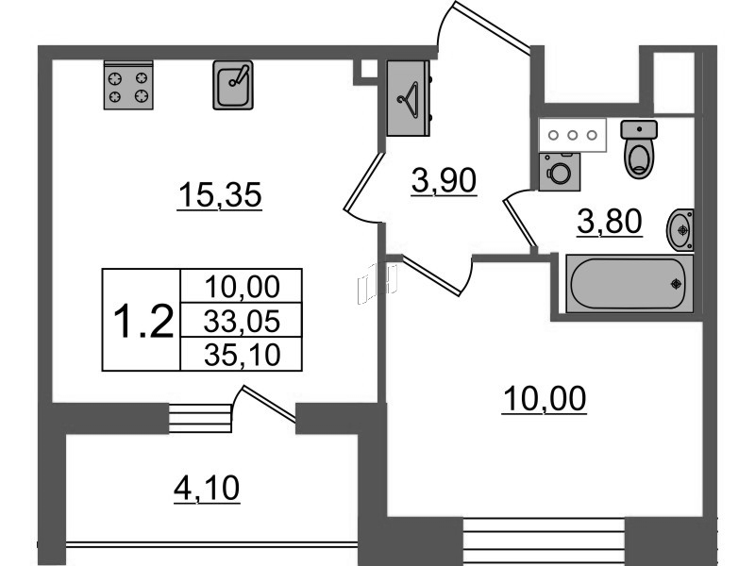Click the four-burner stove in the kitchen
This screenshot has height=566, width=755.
[x=128, y=85]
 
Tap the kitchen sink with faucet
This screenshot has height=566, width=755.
[x=233, y=85]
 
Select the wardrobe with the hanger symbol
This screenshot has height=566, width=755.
[x=409, y=98]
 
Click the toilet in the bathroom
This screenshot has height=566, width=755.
[x=639, y=149]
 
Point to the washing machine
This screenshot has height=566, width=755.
[x=560, y=172]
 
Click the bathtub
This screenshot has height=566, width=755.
[x=629, y=284]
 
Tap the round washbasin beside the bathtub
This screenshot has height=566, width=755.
[x=680, y=230]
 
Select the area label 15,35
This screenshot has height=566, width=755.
[x=220, y=195]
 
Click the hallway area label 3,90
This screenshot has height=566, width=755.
[x=444, y=181]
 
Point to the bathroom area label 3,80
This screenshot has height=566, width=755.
[x=610, y=222]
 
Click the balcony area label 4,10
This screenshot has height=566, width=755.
[x=207, y=489]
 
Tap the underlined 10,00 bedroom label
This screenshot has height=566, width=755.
[x=545, y=398]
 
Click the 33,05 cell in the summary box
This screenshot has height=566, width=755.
[x=242, y=321]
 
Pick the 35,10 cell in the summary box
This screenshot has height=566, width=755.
[x=242, y=355]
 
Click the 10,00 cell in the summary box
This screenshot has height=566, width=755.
[x=242, y=287]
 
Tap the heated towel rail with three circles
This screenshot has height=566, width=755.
[x=573, y=135]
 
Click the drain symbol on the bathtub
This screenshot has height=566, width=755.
[x=677, y=284]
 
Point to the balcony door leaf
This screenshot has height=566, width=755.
[x=269, y=405]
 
